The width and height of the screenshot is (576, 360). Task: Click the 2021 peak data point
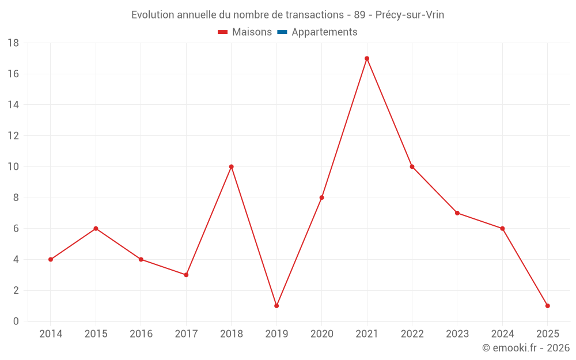coord(367,58)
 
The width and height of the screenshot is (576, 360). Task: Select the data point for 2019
coord(276,306)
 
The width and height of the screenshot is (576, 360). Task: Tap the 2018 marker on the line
coord(231,166)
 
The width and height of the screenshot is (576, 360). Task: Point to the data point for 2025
coord(547,306)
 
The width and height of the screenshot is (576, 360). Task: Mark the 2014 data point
coord(51,259)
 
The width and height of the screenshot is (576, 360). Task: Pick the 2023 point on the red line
coord(457,213)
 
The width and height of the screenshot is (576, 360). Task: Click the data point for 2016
coord(141,259)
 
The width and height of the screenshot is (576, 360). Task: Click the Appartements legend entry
coord(324,32)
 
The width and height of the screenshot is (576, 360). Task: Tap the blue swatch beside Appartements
coord(282,32)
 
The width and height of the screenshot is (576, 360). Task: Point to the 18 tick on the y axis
coord(13,43)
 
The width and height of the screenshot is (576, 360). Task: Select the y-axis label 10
coord(13,167)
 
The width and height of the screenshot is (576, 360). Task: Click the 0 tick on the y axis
coord(16,321)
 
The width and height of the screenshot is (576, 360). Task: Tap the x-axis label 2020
coord(321,334)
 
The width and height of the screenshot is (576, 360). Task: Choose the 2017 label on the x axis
coord(186,334)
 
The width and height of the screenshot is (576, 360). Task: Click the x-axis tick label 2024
coord(502,334)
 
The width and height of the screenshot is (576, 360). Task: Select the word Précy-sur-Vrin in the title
coord(410,15)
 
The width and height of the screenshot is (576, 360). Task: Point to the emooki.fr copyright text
coord(526,348)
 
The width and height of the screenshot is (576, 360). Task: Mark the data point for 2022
coord(412,166)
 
